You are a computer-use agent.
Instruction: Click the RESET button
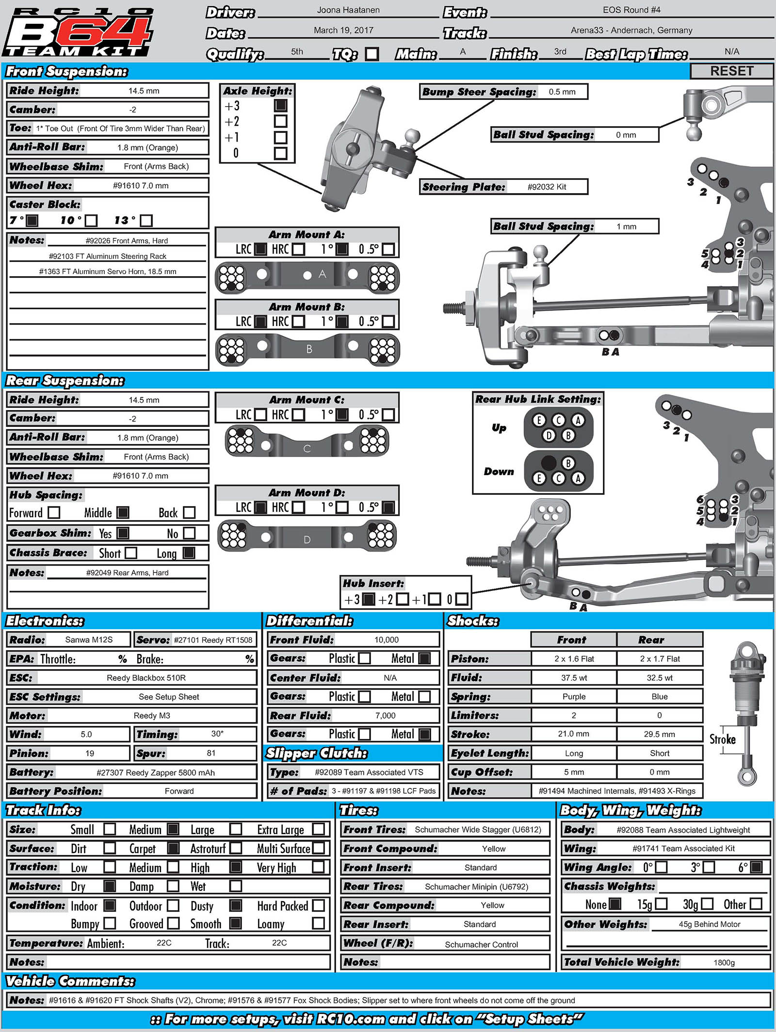731,71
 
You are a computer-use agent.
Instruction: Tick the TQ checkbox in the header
372,53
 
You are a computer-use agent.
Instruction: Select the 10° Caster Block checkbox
91,221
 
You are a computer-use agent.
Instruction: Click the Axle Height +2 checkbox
280,121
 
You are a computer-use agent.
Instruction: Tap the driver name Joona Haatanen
348,10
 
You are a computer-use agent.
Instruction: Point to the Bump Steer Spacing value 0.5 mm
562,92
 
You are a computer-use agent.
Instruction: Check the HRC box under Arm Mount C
299,415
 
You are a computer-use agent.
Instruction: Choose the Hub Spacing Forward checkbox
54,512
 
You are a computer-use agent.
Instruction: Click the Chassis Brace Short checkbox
130,553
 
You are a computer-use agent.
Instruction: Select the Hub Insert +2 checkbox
402,599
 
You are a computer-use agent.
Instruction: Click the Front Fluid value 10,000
387,639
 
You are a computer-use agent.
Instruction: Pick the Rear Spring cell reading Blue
660,696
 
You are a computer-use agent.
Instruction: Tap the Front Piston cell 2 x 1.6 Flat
574,658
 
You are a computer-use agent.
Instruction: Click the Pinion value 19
90,753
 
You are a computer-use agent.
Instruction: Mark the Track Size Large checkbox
236,829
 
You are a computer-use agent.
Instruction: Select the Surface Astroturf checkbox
236,848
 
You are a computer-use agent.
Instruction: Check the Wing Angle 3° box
709,867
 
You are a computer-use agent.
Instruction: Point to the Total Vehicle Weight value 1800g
724,963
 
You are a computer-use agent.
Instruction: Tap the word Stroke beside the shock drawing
722,739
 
